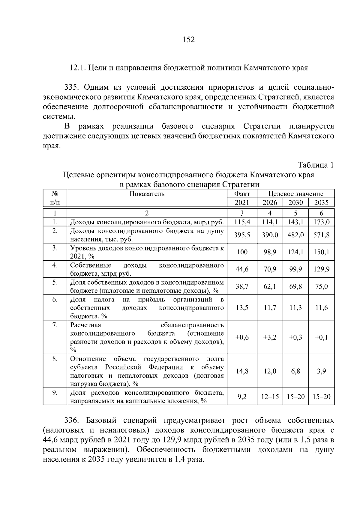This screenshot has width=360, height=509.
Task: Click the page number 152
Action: pos(188,40)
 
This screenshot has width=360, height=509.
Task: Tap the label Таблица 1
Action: pos(315,165)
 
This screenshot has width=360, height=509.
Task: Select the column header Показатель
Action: pos(147,194)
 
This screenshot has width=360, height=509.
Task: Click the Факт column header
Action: pos(242,194)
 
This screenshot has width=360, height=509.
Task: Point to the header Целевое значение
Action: pos(295,194)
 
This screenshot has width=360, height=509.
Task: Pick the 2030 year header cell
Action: pos(295,202)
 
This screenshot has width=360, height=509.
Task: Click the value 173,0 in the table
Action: pos(321,222)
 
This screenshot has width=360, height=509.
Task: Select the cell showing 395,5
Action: pos(242,235)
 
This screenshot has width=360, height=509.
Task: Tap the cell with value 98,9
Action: pos(270,252)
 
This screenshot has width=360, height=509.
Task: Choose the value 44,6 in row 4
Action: pos(242,269)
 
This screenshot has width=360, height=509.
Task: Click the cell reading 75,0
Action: pos(321,286)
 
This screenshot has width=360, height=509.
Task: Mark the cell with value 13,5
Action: pos(242,308)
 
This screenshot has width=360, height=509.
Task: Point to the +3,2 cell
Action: pos(270,337)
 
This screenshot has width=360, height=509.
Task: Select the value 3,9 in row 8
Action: pos(321,371)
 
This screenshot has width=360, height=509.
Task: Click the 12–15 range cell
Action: pos(270,397)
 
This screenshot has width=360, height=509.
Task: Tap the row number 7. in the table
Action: pos(55,325)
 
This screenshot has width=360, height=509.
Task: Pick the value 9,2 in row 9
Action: pos(242,397)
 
